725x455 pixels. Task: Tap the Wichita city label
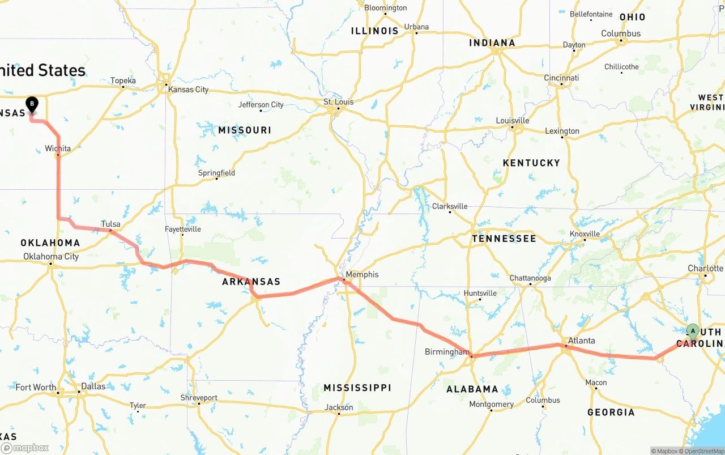coord(58,148)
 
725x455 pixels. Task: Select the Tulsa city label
coord(110,224)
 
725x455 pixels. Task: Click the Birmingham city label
coord(447,352)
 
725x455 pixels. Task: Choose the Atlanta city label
coord(581,341)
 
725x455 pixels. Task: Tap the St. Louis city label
coord(338,102)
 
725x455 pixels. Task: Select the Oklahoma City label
coord(51,256)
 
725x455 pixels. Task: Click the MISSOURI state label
coord(245,130)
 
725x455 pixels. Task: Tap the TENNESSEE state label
coord(504,239)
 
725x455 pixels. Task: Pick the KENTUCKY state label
coord(531,163)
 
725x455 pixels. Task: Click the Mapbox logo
coord(25,448)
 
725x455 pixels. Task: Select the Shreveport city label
coord(198,398)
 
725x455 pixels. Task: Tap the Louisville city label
coord(512,121)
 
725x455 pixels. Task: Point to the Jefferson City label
coord(261,104)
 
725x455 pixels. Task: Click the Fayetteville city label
coord(182,229)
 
